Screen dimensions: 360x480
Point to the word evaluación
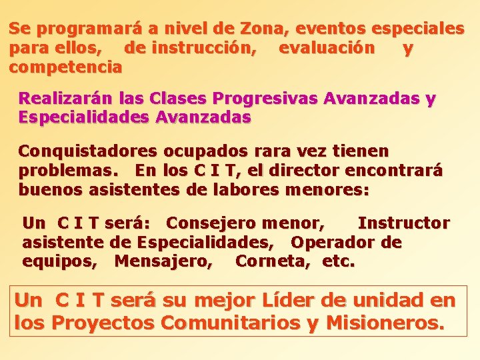pos(326,48)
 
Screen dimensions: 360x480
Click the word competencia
pos(65,67)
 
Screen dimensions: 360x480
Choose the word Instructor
pos(403,223)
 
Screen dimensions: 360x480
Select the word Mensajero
pos(164,261)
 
